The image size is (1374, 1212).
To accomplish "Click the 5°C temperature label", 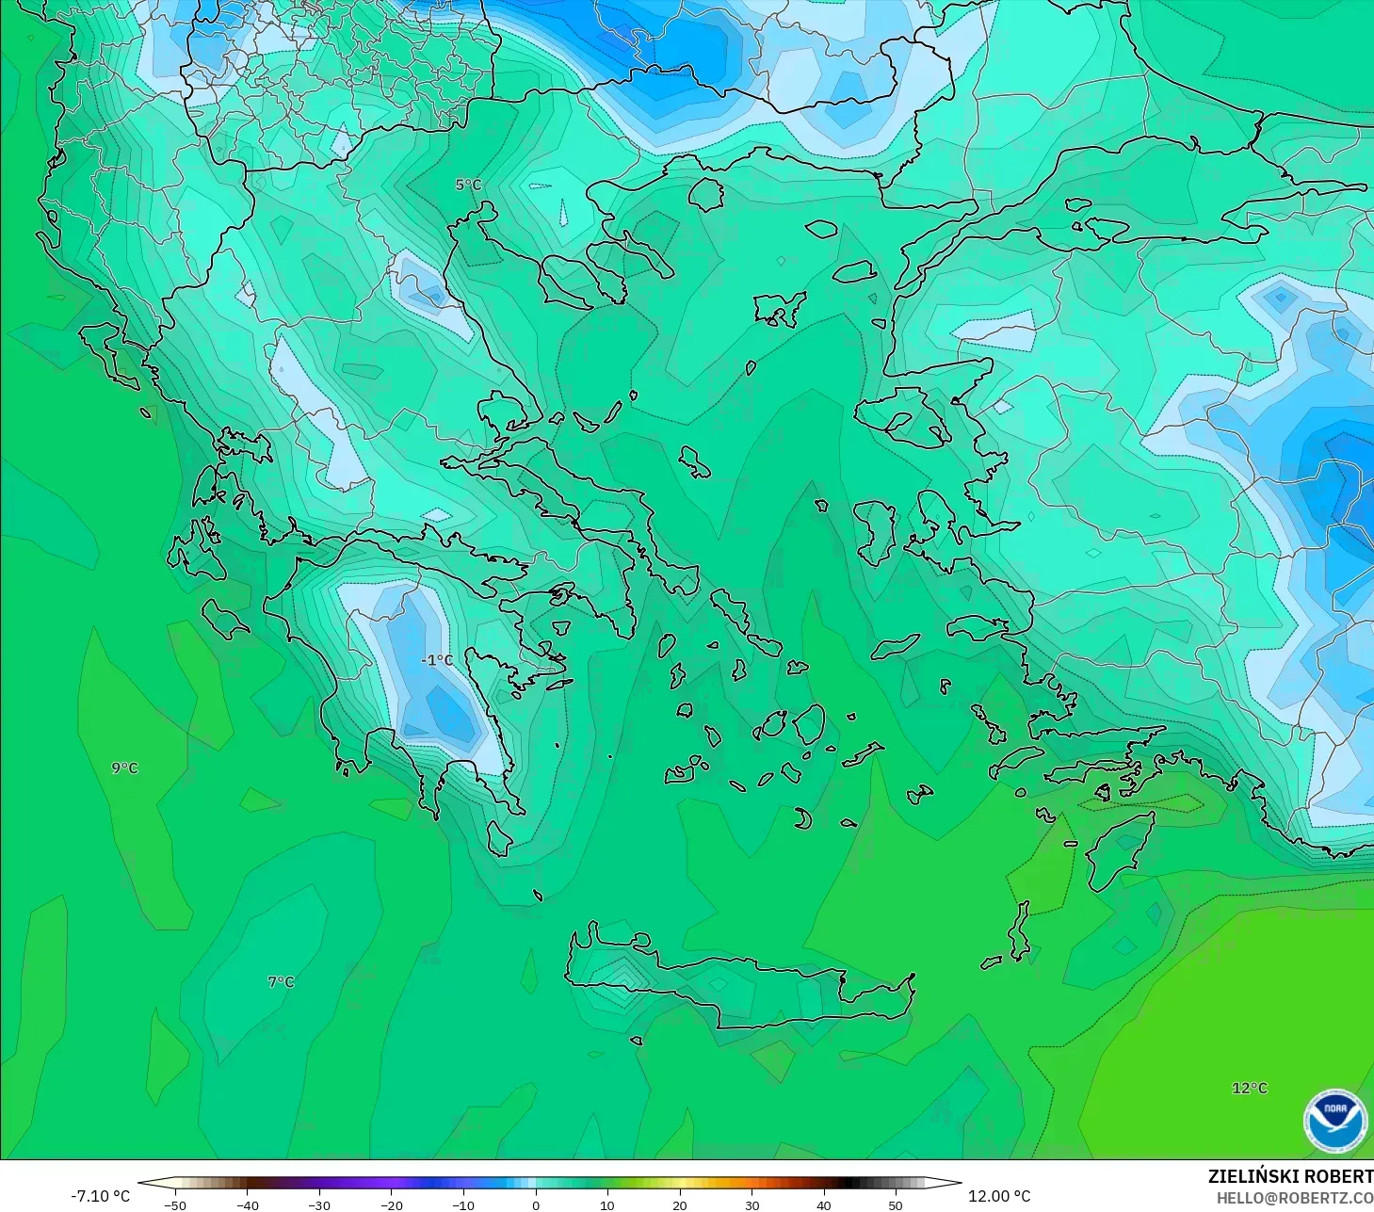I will (x=468, y=185).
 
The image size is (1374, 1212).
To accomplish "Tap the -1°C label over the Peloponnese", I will (x=437, y=660).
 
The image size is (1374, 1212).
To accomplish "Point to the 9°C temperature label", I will (x=124, y=768).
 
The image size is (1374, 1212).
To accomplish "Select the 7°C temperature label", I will (x=281, y=981).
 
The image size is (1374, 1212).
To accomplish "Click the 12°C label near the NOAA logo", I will (x=1250, y=1088).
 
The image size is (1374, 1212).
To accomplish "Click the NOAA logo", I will (x=1334, y=1121).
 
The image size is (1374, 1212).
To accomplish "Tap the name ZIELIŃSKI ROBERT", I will (x=1290, y=1176).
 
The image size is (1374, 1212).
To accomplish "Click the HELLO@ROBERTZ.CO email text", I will (x=1294, y=1198).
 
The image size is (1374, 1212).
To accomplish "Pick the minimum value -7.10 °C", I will (x=101, y=1196).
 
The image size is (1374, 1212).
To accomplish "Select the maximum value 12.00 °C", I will (x=999, y=1196).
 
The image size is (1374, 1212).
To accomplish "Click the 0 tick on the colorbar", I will (x=535, y=1204).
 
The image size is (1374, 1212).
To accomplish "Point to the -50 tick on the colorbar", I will (x=175, y=1204).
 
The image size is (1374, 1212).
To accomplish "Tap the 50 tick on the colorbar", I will (x=895, y=1204).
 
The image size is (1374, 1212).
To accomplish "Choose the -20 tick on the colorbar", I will (x=391, y=1204).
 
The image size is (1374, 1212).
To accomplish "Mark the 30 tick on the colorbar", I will (x=752, y=1204).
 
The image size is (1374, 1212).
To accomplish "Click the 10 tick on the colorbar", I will (x=607, y=1204).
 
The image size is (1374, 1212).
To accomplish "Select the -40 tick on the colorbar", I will (x=247, y=1204).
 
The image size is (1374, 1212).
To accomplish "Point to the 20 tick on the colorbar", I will (x=679, y=1204).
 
